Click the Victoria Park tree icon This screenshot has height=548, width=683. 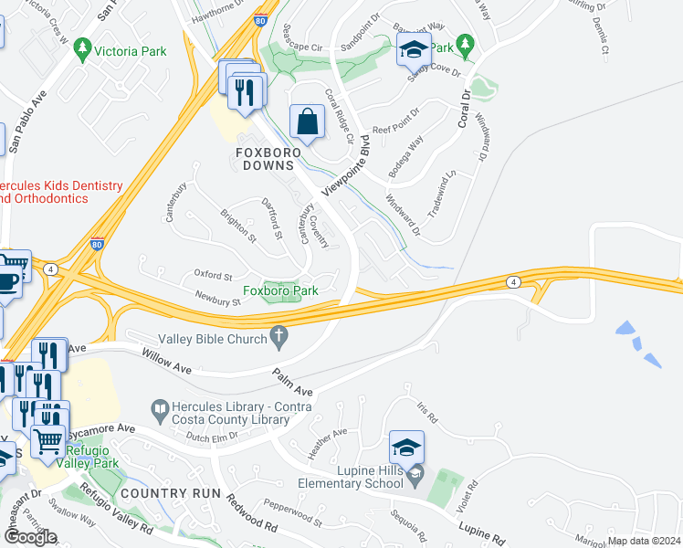[x=83, y=47]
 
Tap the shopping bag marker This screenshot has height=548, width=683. [x=308, y=121]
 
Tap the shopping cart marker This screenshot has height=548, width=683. [x=48, y=441]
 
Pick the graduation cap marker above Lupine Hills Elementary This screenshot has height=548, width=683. [x=406, y=447]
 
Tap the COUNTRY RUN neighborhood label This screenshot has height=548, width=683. [x=171, y=493]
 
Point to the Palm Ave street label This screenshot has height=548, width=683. [x=292, y=382]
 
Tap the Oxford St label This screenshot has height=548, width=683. [x=213, y=275]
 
